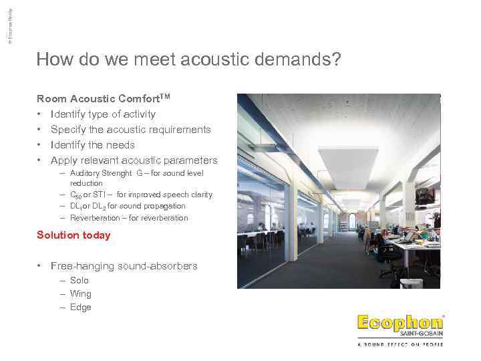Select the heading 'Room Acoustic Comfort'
tap(104, 99)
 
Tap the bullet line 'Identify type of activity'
tap(103, 114)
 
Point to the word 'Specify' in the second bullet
tap(68, 130)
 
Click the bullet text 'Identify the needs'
tap(92, 145)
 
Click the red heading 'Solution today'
tap(73, 235)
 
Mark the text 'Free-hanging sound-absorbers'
tap(124, 266)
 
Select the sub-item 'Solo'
tap(79, 281)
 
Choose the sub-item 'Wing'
tap(80, 294)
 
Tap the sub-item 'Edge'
tap(80, 308)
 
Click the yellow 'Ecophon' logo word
tap(399, 323)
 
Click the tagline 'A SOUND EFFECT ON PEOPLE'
tap(400, 344)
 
